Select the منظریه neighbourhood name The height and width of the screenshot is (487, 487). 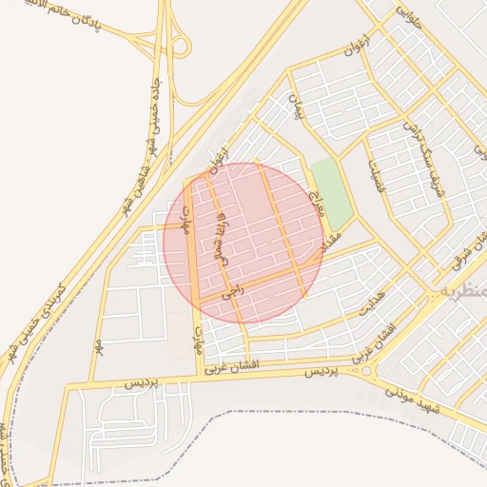pyautogui.click(x=464, y=289)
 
